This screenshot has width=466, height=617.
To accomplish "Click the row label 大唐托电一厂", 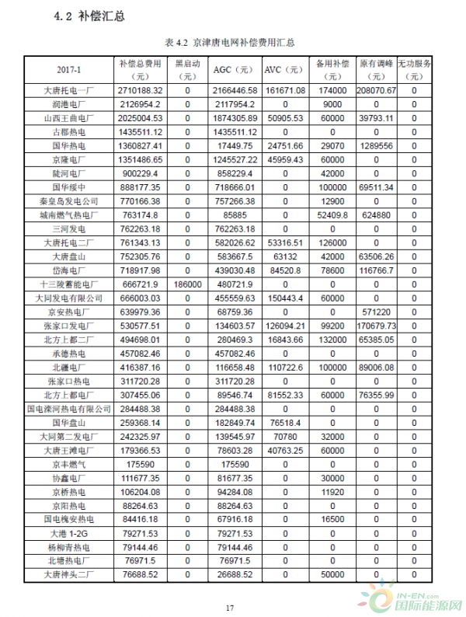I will click(x=70, y=91).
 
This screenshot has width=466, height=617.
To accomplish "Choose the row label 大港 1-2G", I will click(x=70, y=533).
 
